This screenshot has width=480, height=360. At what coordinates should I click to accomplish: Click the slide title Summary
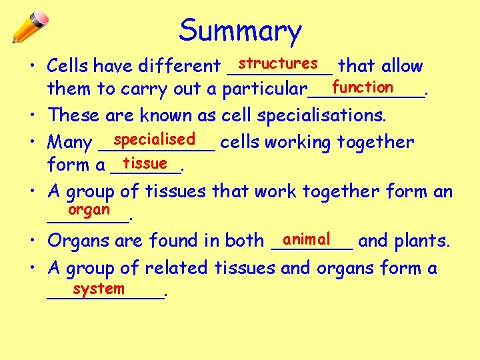[240, 31]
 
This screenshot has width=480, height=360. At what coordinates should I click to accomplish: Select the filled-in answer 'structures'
[278, 63]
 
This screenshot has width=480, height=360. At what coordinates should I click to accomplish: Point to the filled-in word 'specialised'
[154, 139]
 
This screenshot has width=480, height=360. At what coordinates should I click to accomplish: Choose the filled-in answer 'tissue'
[145, 163]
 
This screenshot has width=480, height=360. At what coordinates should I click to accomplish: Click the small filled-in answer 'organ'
[89, 209]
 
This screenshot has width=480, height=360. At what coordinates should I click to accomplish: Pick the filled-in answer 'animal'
[306, 238]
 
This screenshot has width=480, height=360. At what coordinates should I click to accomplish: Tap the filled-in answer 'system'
[99, 289]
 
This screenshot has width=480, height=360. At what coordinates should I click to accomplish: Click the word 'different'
[179, 66]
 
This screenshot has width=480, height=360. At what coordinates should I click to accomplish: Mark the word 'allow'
[403, 66]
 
